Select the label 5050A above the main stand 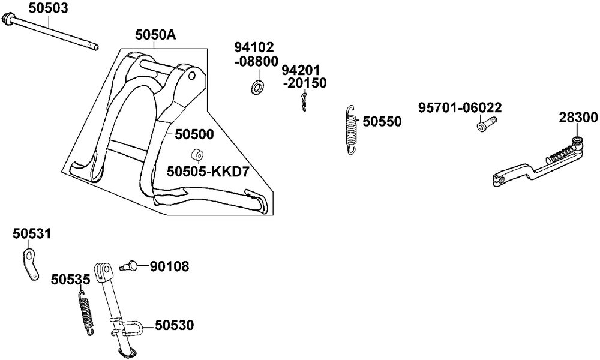click(155, 35)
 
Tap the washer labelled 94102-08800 click(259, 86)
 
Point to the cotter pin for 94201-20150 click(305, 101)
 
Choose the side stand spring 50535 click(86, 312)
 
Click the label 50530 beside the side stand click(174, 325)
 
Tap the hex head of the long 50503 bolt click(8, 20)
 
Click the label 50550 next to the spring click(382, 122)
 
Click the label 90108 click(169, 265)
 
